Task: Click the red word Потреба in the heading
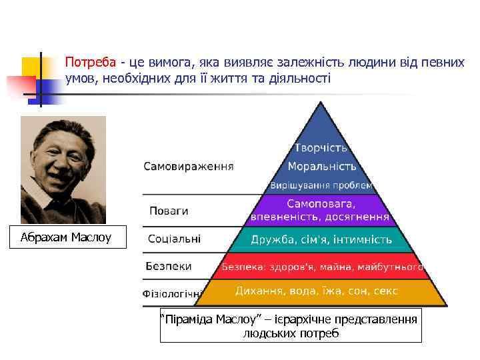90,63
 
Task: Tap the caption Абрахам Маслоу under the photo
65,237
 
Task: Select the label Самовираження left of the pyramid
189,166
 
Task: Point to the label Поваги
168,211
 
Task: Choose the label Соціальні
174,238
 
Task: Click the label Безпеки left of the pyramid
169,266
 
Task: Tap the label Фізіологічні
173,293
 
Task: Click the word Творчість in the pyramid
321,147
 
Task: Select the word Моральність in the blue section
322,166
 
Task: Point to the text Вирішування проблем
321,185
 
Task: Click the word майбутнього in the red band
391,267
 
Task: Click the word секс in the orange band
386,291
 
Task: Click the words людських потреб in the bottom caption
291,333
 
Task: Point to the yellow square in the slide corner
32,67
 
